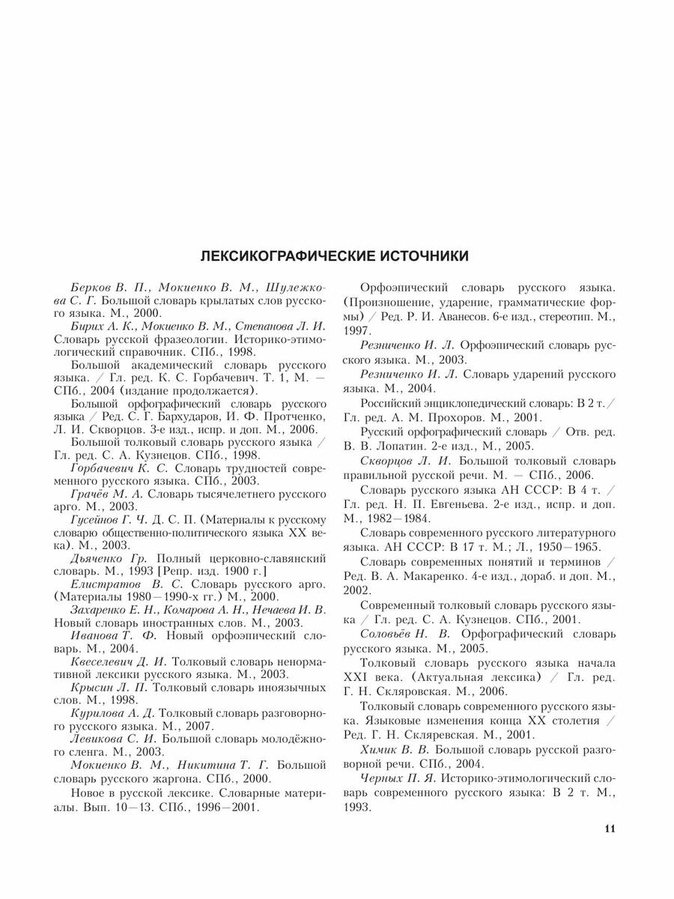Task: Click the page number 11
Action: pos(608,829)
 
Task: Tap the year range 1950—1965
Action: pos(569,545)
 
